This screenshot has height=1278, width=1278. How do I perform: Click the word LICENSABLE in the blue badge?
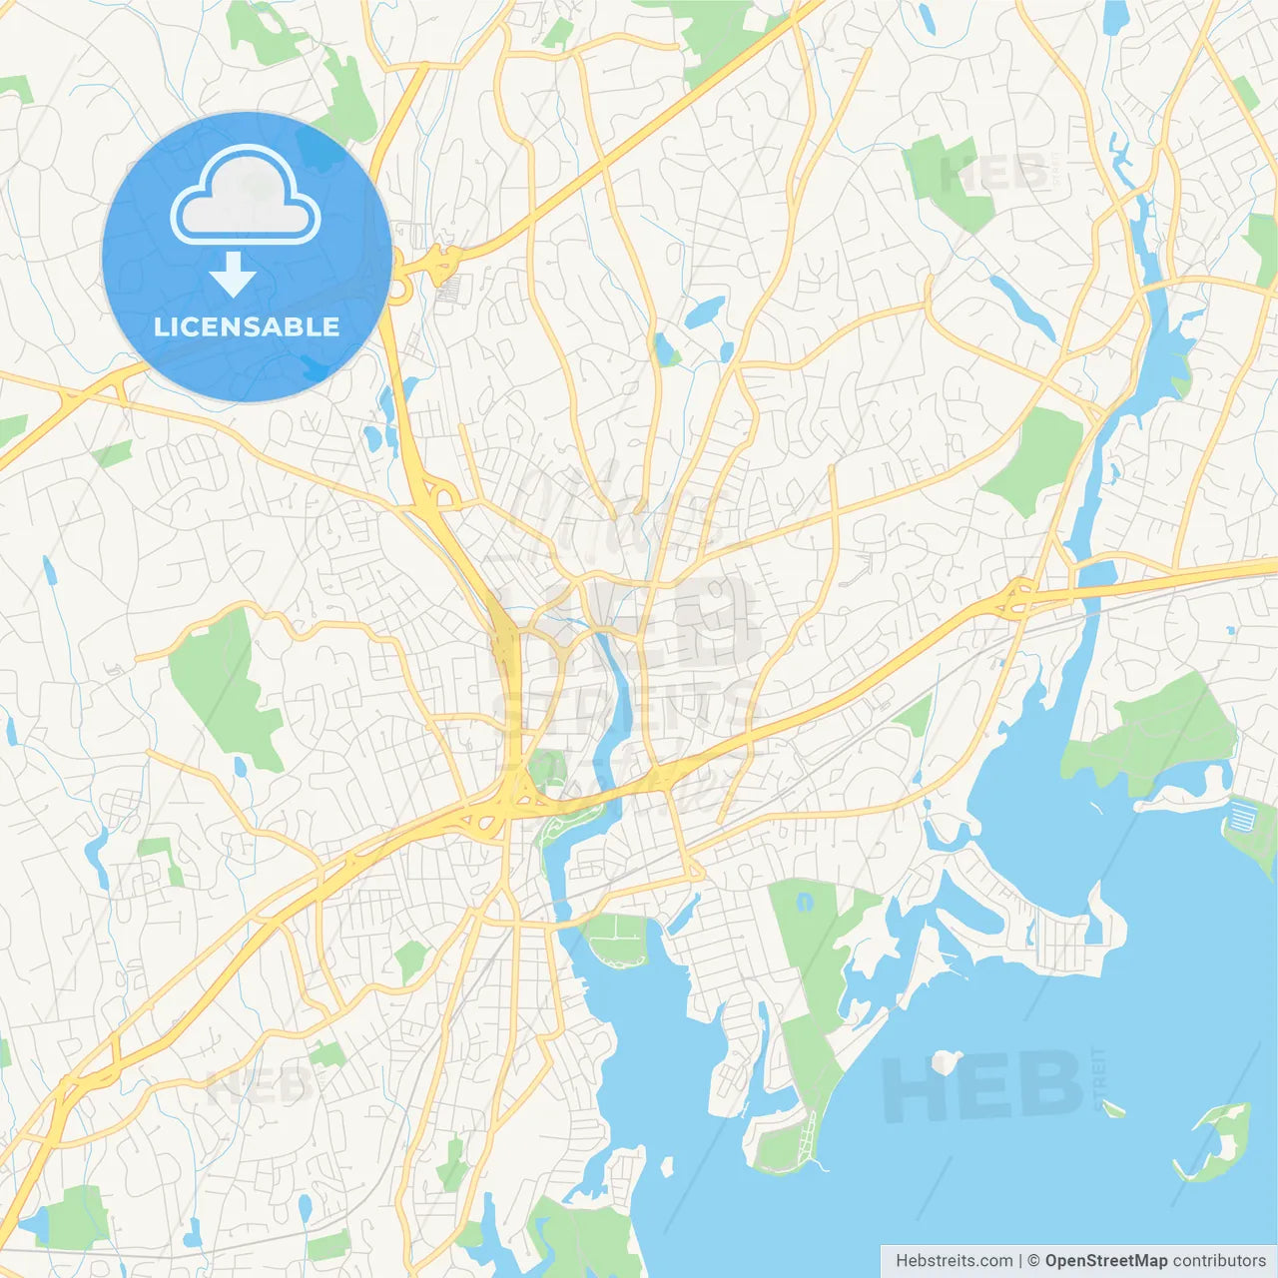[x=247, y=326]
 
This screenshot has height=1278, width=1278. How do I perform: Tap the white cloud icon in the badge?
[x=246, y=196]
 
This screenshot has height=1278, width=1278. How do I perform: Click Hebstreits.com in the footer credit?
[x=954, y=1261]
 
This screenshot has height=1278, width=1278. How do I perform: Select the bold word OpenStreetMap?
[x=1105, y=1261]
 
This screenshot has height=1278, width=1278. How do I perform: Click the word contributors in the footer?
[x=1219, y=1261]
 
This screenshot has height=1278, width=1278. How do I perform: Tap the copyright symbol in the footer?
[x=1033, y=1261]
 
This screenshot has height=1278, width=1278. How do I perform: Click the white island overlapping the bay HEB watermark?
[x=945, y=1060]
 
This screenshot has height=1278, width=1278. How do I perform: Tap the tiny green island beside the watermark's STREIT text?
[x=1112, y=1108]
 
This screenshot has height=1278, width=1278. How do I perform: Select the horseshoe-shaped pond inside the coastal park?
[x=806, y=903]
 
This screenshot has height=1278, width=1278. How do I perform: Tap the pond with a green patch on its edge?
[x=663, y=350]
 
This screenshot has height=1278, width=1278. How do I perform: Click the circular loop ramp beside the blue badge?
[x=399, y=291]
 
